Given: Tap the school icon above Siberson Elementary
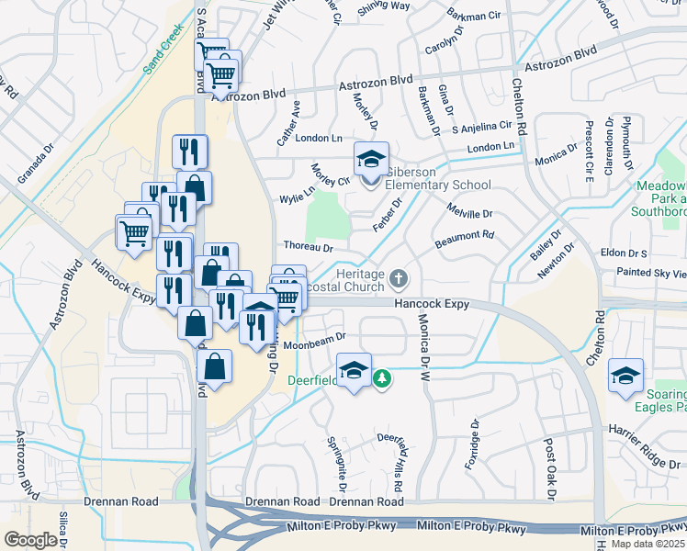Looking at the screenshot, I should [x=371, y=161].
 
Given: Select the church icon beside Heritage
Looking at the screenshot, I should [x=399, y=277].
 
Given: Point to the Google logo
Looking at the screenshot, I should [x=30, y=539].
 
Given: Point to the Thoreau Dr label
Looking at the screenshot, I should [x=308, y=247].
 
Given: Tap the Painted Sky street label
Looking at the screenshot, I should [x=651, y=273].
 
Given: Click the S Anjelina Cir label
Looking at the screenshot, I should [x=480, y=127].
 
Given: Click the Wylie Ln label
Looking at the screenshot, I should [x=298, y=195].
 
